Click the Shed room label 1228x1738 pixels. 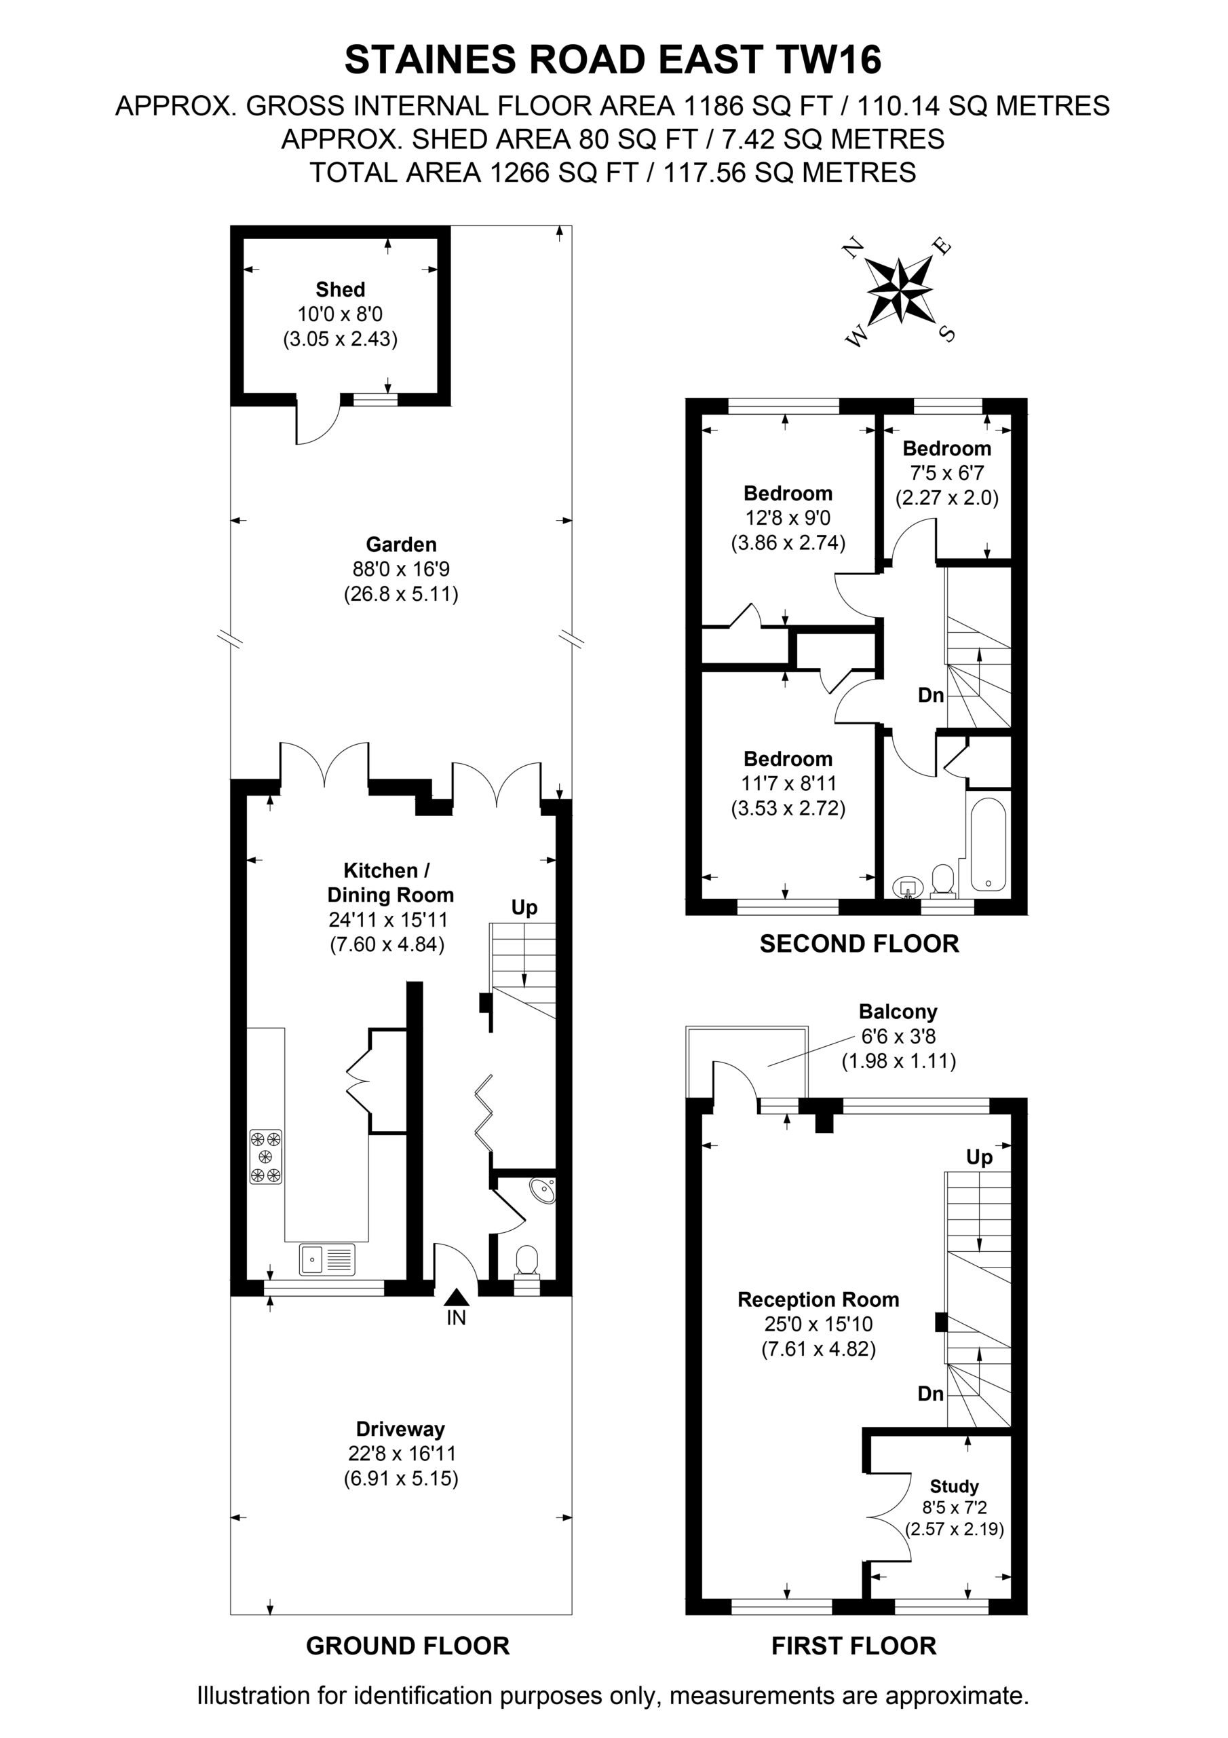click(x=341, y=289)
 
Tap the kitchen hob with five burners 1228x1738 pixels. click(x=265, y=1157)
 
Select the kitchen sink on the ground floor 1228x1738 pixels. click(x=327, y=1259)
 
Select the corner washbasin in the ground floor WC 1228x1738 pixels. click(x=543, y=1191)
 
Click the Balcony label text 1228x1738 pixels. click(x=898, y=1012)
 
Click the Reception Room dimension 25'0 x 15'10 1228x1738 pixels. click(x=818, y=1324)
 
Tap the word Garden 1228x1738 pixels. click(x=401, y=544)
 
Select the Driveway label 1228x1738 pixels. click(x=400, y=1429)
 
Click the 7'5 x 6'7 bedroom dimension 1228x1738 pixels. click(x=946, y=473)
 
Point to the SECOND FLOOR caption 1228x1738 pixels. click(x=860, y=944)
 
